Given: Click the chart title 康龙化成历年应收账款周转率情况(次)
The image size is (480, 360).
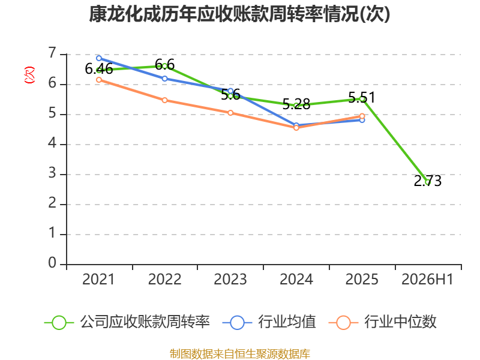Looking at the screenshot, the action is pyautogui.click(x=239, y=14).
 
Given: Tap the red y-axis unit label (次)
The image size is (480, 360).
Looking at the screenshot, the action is pyautogui.click(x=29, y=75).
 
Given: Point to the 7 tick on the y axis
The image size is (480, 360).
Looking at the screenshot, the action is pyautogui.click(x=52, y=53).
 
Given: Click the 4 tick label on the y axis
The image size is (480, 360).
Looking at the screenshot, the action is pyautogui.click(x=52, y=143).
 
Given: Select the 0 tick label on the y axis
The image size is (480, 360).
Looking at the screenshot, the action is pyautogui.click(x=52, y=263).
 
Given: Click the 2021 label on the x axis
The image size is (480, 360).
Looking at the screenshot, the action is pyautogui.click(x=98, y=280).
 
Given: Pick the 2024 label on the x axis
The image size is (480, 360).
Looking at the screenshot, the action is pyautogui.click(x=296, y=280).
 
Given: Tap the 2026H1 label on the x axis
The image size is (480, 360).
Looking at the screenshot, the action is pyautogui.click(x=427, y=280).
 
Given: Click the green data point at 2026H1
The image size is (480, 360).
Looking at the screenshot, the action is pyautogui.click(x=428, y=182).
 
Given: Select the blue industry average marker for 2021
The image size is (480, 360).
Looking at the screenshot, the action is pyautogui.click(x=99, y=58).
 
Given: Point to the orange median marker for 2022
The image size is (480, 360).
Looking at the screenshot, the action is pyautogui.click(x=164, y=100).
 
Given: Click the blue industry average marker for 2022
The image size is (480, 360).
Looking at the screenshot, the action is pyautogui.click(x=164, y=79).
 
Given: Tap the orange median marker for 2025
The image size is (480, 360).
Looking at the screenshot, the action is pyautogui.click(x=362, y=116).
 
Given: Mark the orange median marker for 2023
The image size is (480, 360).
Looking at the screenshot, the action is pyautogui.click(x=230, y=113).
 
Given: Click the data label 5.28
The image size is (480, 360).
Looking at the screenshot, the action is pyautogui.click(x=296, y=104).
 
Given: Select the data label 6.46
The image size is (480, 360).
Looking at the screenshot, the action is pyautogui.click(x=99, y=69).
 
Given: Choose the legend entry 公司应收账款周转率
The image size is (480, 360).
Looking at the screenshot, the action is pyautogui.click(x=127, y=322).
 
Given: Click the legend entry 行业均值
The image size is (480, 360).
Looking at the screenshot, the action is pyautogui.click(x=269, y=322).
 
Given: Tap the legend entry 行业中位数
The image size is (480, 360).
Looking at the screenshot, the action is pyautogui.click(x=382, y=322).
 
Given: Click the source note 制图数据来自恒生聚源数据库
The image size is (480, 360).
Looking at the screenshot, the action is pyautogui.click(x=239, y=354).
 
